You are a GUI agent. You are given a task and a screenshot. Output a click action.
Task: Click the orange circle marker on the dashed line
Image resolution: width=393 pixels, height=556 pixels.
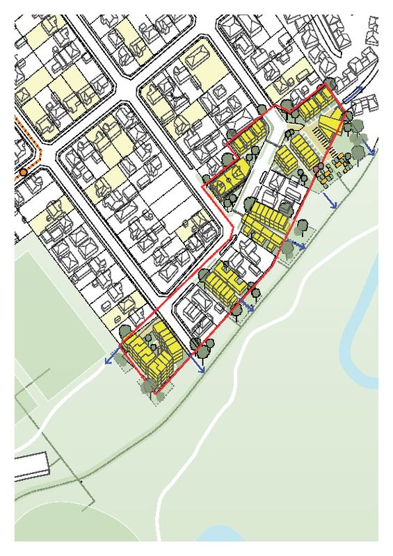pyautogui.click(x=23, y=172)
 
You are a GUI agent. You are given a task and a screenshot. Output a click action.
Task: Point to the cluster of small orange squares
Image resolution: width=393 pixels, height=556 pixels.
pyautogui.click(x=340, y=164)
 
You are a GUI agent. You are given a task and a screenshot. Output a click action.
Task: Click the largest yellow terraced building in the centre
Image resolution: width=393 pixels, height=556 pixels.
pyautogui.click(x=268, y=224)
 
